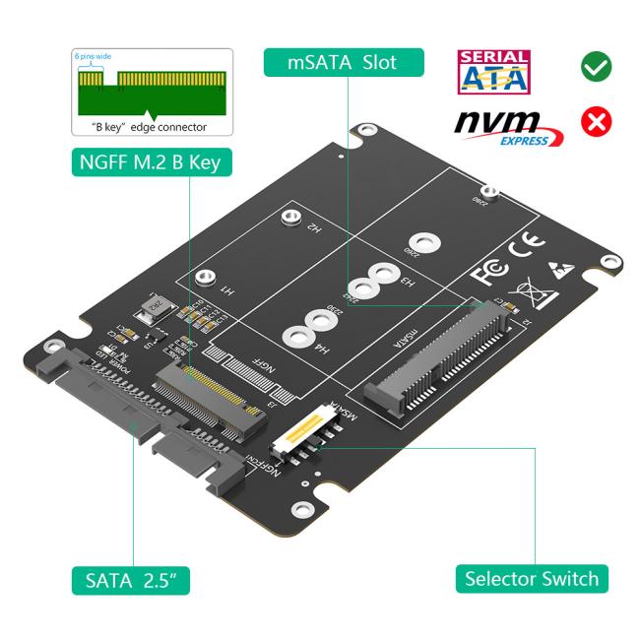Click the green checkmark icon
pyautogui.click(x=597, y=68)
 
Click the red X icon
pyautogui.click(x=597, y=122)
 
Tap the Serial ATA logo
pyautogui.click(x=494, y=71)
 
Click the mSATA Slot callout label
pyautogui.click(x=345, y=62)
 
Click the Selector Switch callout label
pyautogui.click(x=531, y=577)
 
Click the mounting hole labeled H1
pyautogui.click(x=203, y=279)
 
